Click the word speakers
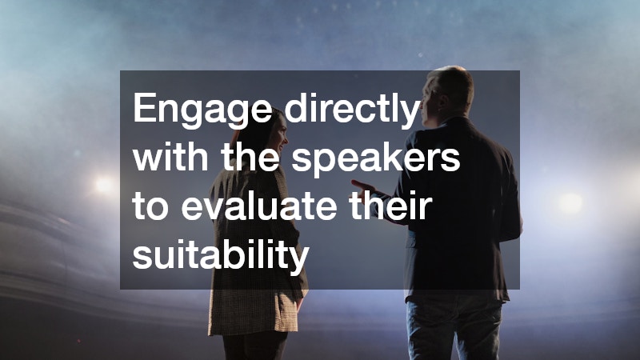pyautogui.click(x=376, y=158)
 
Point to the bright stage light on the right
pyautogui.click(x=570, y=202)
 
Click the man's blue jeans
pyautogui.click(x=452, y=328)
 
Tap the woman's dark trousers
pyautogui.click(x=256, y=348)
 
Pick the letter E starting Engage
pyautogui.click(x=143, y=108)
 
